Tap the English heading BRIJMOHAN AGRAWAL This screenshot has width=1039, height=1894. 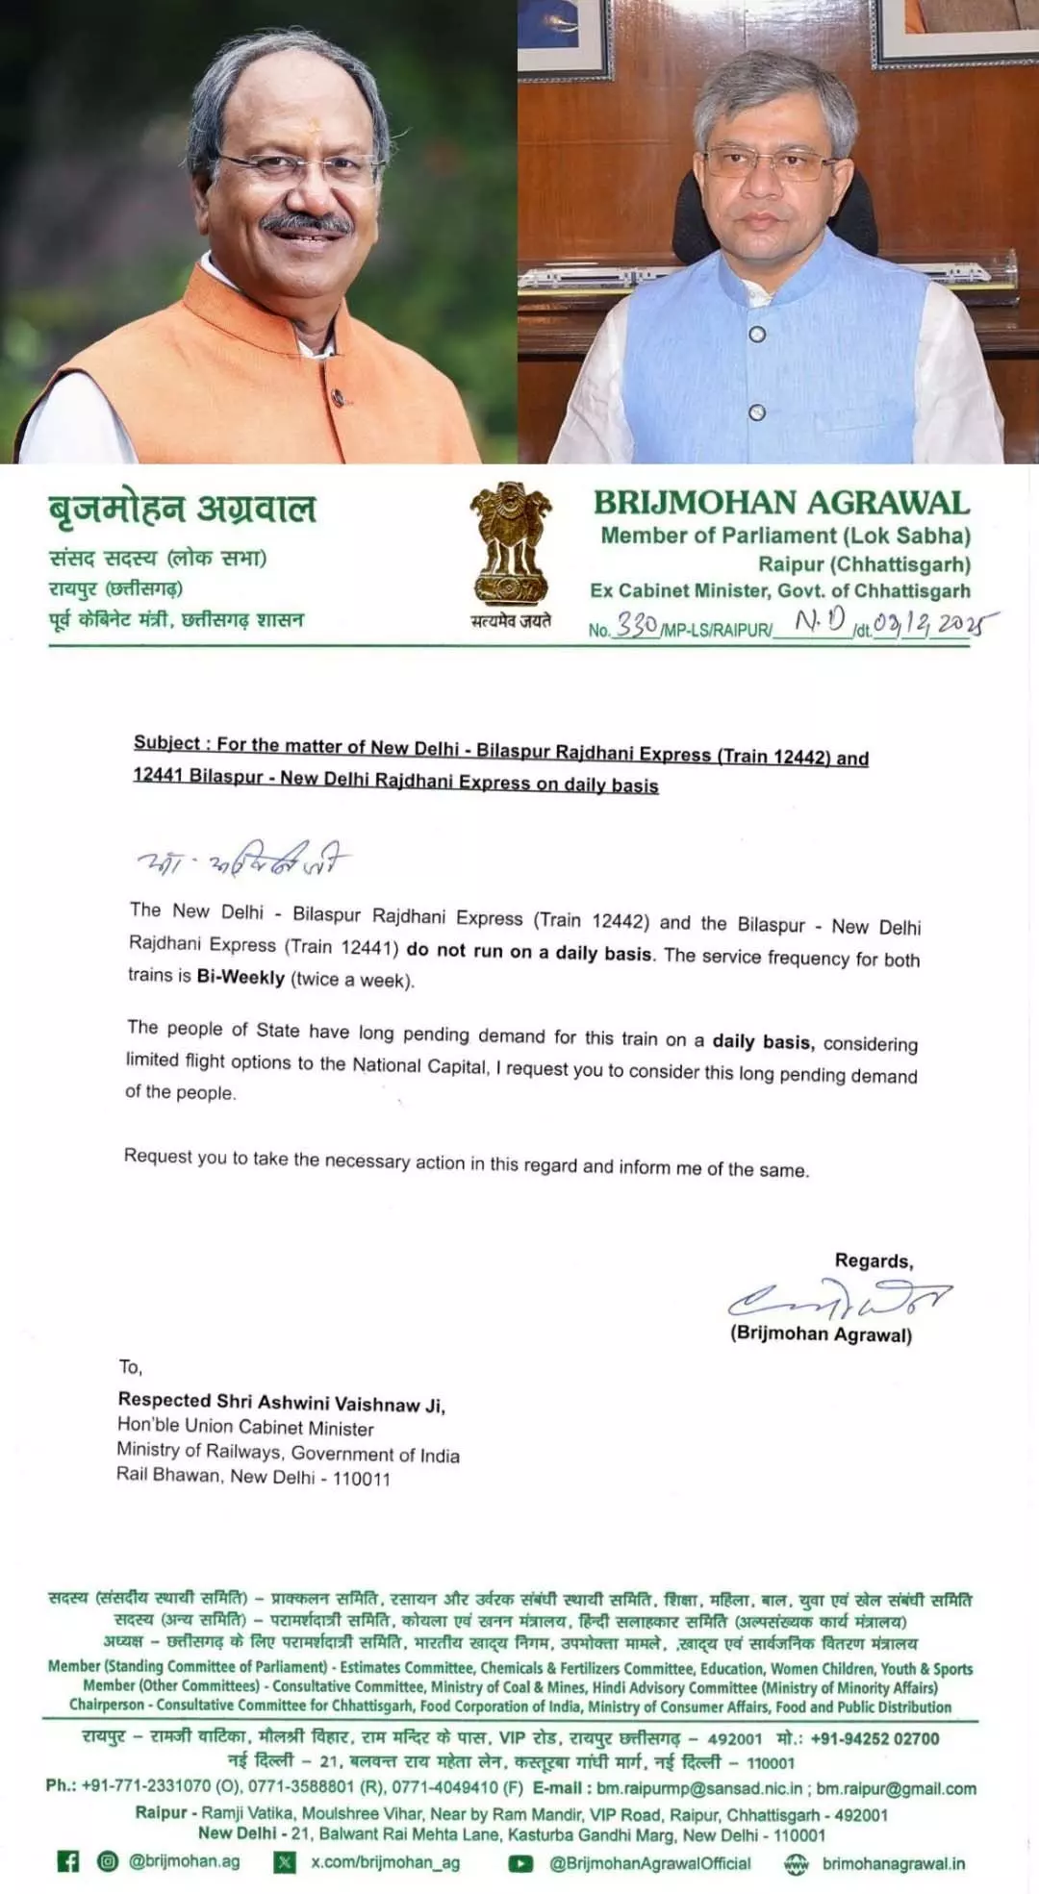tap(781, 503)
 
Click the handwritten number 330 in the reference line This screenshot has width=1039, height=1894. tap(637, 625)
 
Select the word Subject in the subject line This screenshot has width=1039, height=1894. tap(166, 742)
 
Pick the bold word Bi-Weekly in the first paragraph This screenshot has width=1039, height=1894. tap(241, 977)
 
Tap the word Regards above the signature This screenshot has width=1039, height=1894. tap(874, 1260)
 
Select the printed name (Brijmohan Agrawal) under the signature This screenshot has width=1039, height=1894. tap(821, 1334)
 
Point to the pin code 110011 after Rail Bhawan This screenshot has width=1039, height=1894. tap(362, 1479)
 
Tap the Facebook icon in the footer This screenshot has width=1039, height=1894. tap(68, 1862)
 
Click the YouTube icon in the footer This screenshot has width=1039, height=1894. tap(520, 1863)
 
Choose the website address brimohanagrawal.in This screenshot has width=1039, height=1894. tap(893, 1863)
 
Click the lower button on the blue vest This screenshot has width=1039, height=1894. tap(757, 412)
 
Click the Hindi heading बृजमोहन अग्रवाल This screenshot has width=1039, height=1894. tap(183, 509)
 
